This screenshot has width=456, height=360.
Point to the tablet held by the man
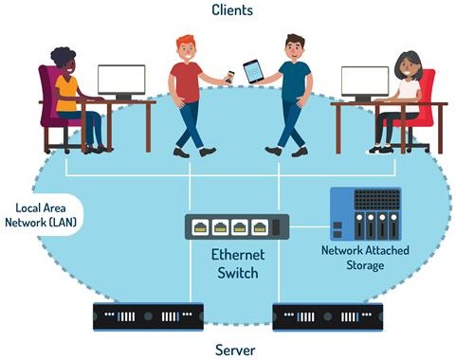click(x=252, y=71)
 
